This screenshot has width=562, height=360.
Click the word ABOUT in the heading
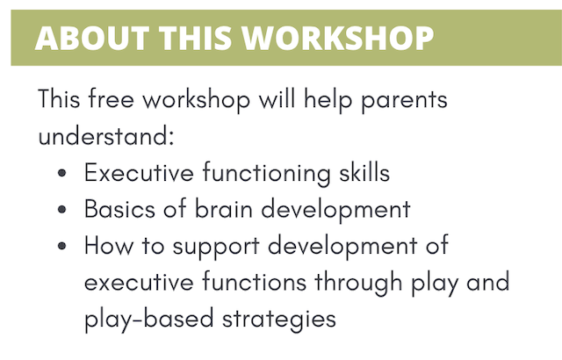91,38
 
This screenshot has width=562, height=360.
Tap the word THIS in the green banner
195,38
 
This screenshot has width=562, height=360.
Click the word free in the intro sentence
112,98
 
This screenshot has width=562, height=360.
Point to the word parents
404,101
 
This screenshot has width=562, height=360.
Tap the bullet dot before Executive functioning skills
61,173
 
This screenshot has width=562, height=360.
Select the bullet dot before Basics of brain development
61,210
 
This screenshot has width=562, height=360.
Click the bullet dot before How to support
61,246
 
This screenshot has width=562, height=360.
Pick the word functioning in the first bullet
267,173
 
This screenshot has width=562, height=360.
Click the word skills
364,173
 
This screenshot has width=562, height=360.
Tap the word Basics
119,209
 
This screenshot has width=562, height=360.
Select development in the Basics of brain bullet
335,210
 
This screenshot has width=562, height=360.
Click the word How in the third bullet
108,246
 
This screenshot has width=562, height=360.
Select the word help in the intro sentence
328,100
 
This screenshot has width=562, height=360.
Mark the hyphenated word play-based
148,320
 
